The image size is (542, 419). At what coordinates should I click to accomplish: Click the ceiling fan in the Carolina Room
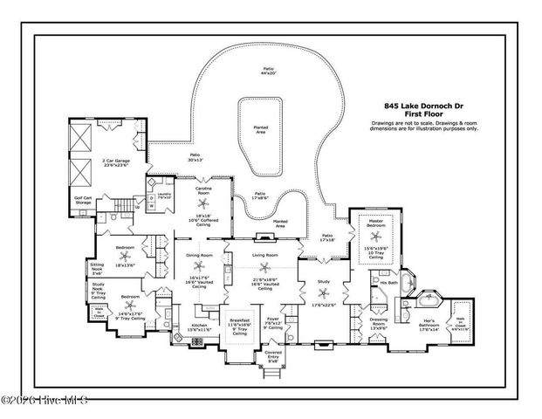pyautogui.click(x=201, y=202)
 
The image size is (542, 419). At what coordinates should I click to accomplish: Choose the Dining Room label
pyautogui.click(x=199, y=254)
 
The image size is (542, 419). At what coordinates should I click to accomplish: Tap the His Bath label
pyautogui.click(x=388, y=283)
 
